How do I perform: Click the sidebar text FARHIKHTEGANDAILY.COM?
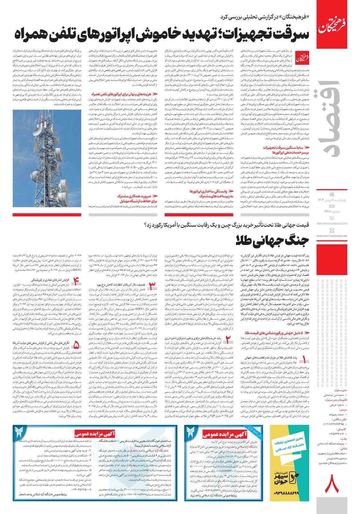[x=336, y=223]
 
